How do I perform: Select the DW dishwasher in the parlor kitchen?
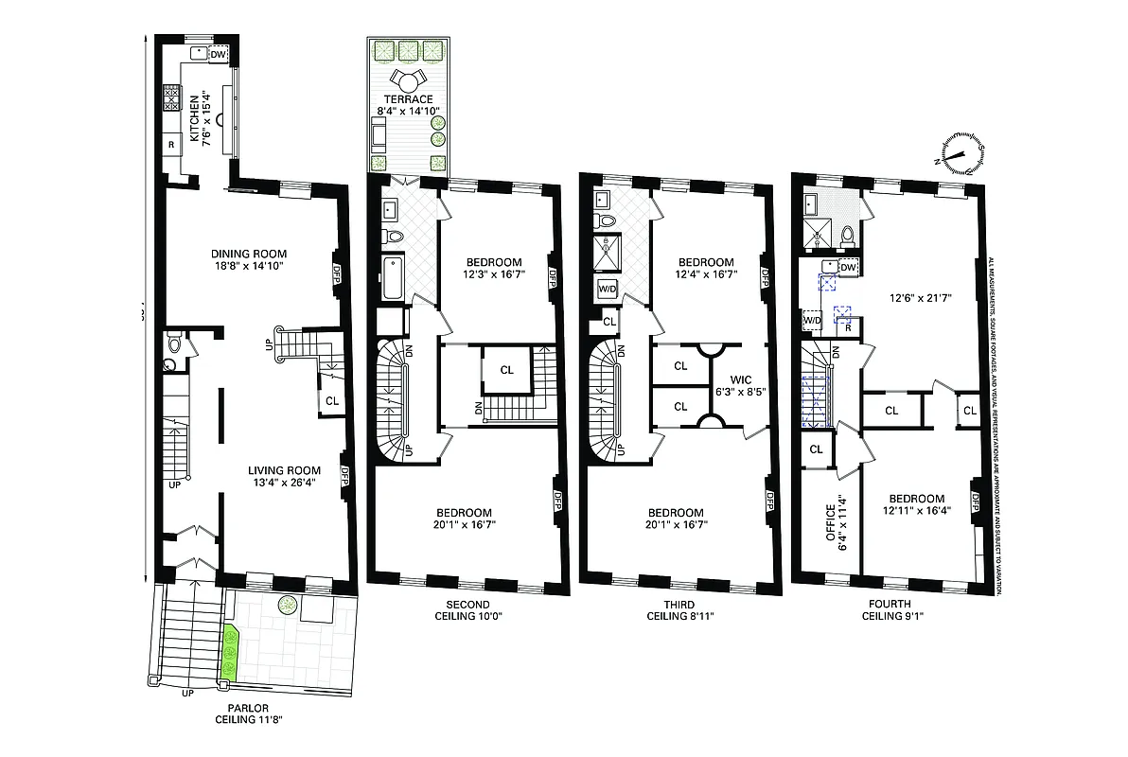tap(218, 55)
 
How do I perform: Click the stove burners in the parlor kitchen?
tap(172, 97)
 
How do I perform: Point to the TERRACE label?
tap(408, 98)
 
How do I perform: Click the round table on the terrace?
tap(408, 79)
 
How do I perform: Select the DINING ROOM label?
tap(249, 254)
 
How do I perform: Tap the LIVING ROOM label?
tap(285, 470)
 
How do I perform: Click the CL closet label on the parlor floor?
tap(332, 400)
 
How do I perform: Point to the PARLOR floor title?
tap(249, 707)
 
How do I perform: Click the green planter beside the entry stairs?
tap(228, 650)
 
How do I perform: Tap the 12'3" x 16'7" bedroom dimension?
tap(494, 275)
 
